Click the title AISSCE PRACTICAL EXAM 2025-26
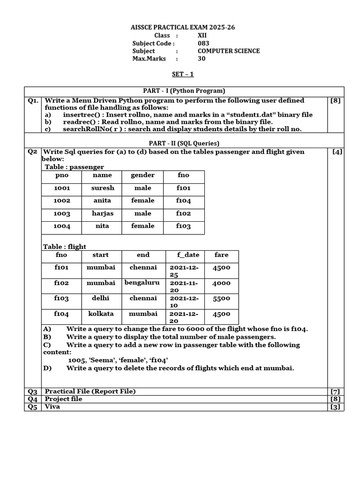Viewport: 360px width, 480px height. pos(182,28)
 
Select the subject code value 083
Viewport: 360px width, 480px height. pos(203,44)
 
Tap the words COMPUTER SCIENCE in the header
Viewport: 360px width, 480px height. pos(228,51)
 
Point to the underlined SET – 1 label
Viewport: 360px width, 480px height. pos(182,74)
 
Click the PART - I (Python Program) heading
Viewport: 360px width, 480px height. pos(184,91)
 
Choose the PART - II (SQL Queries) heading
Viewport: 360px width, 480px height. pos(184,143)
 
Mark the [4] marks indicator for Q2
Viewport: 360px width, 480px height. pos(337,152)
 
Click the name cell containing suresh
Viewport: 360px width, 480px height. pos(103,188)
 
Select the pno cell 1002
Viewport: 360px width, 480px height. pos(62,201)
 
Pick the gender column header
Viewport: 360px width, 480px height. pos(142,175)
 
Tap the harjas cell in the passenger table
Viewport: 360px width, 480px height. pos(103,213)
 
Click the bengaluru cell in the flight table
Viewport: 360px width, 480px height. pos(142,283)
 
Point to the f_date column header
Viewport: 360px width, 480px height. pos(188,255)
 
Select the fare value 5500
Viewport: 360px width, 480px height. pos(221,298)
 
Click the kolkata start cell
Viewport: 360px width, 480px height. pos(101,314)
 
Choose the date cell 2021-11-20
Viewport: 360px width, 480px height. pos(184,286)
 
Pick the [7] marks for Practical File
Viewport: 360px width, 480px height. pos(335,391)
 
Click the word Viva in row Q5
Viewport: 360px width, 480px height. pos(52,407)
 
